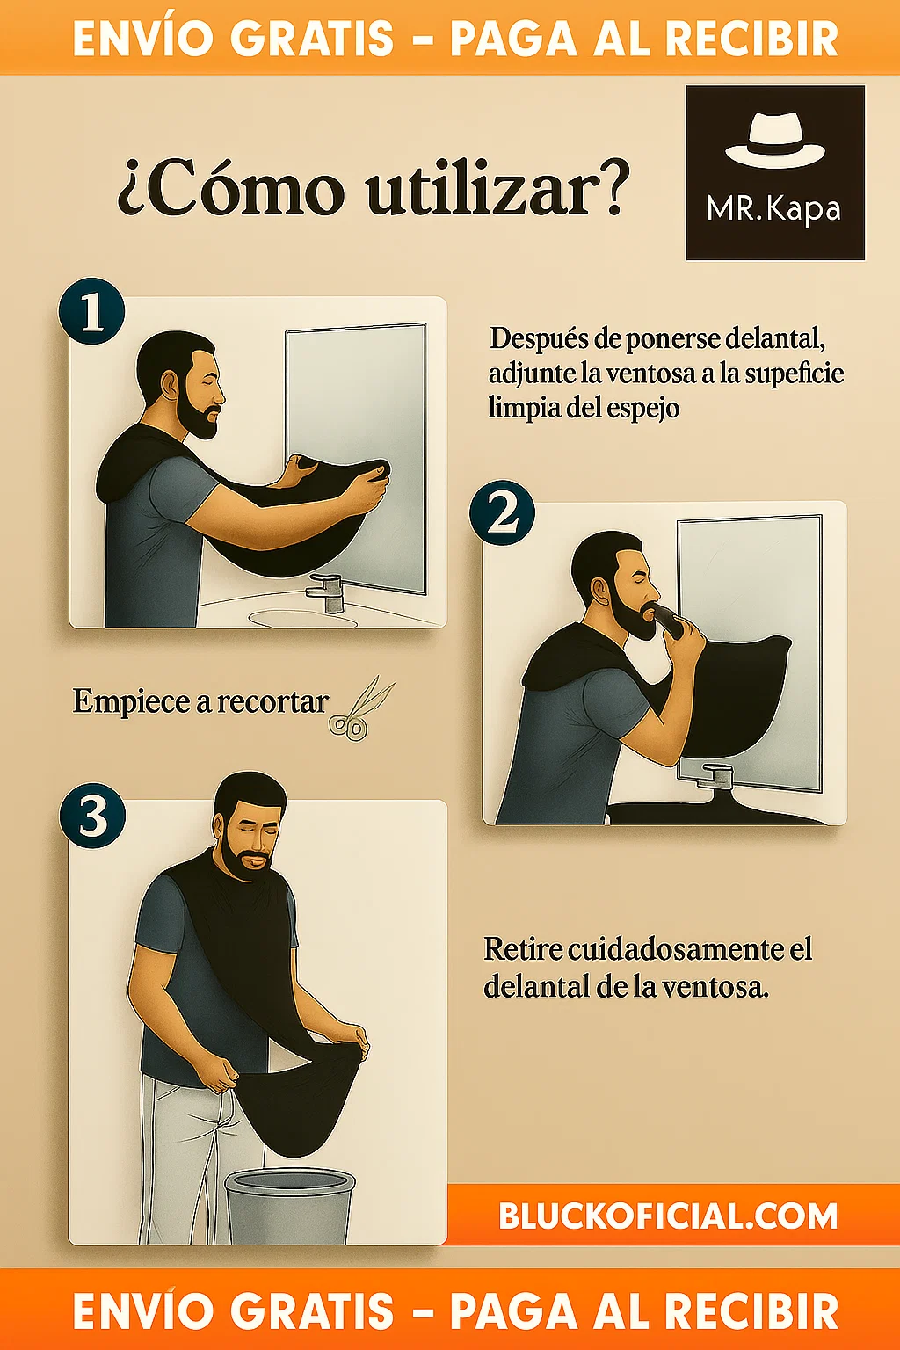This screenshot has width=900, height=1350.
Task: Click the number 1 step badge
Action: pos(91,311)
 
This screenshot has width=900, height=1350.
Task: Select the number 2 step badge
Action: pos(502,513)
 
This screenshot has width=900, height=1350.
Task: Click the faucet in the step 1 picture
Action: pos(326,592)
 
